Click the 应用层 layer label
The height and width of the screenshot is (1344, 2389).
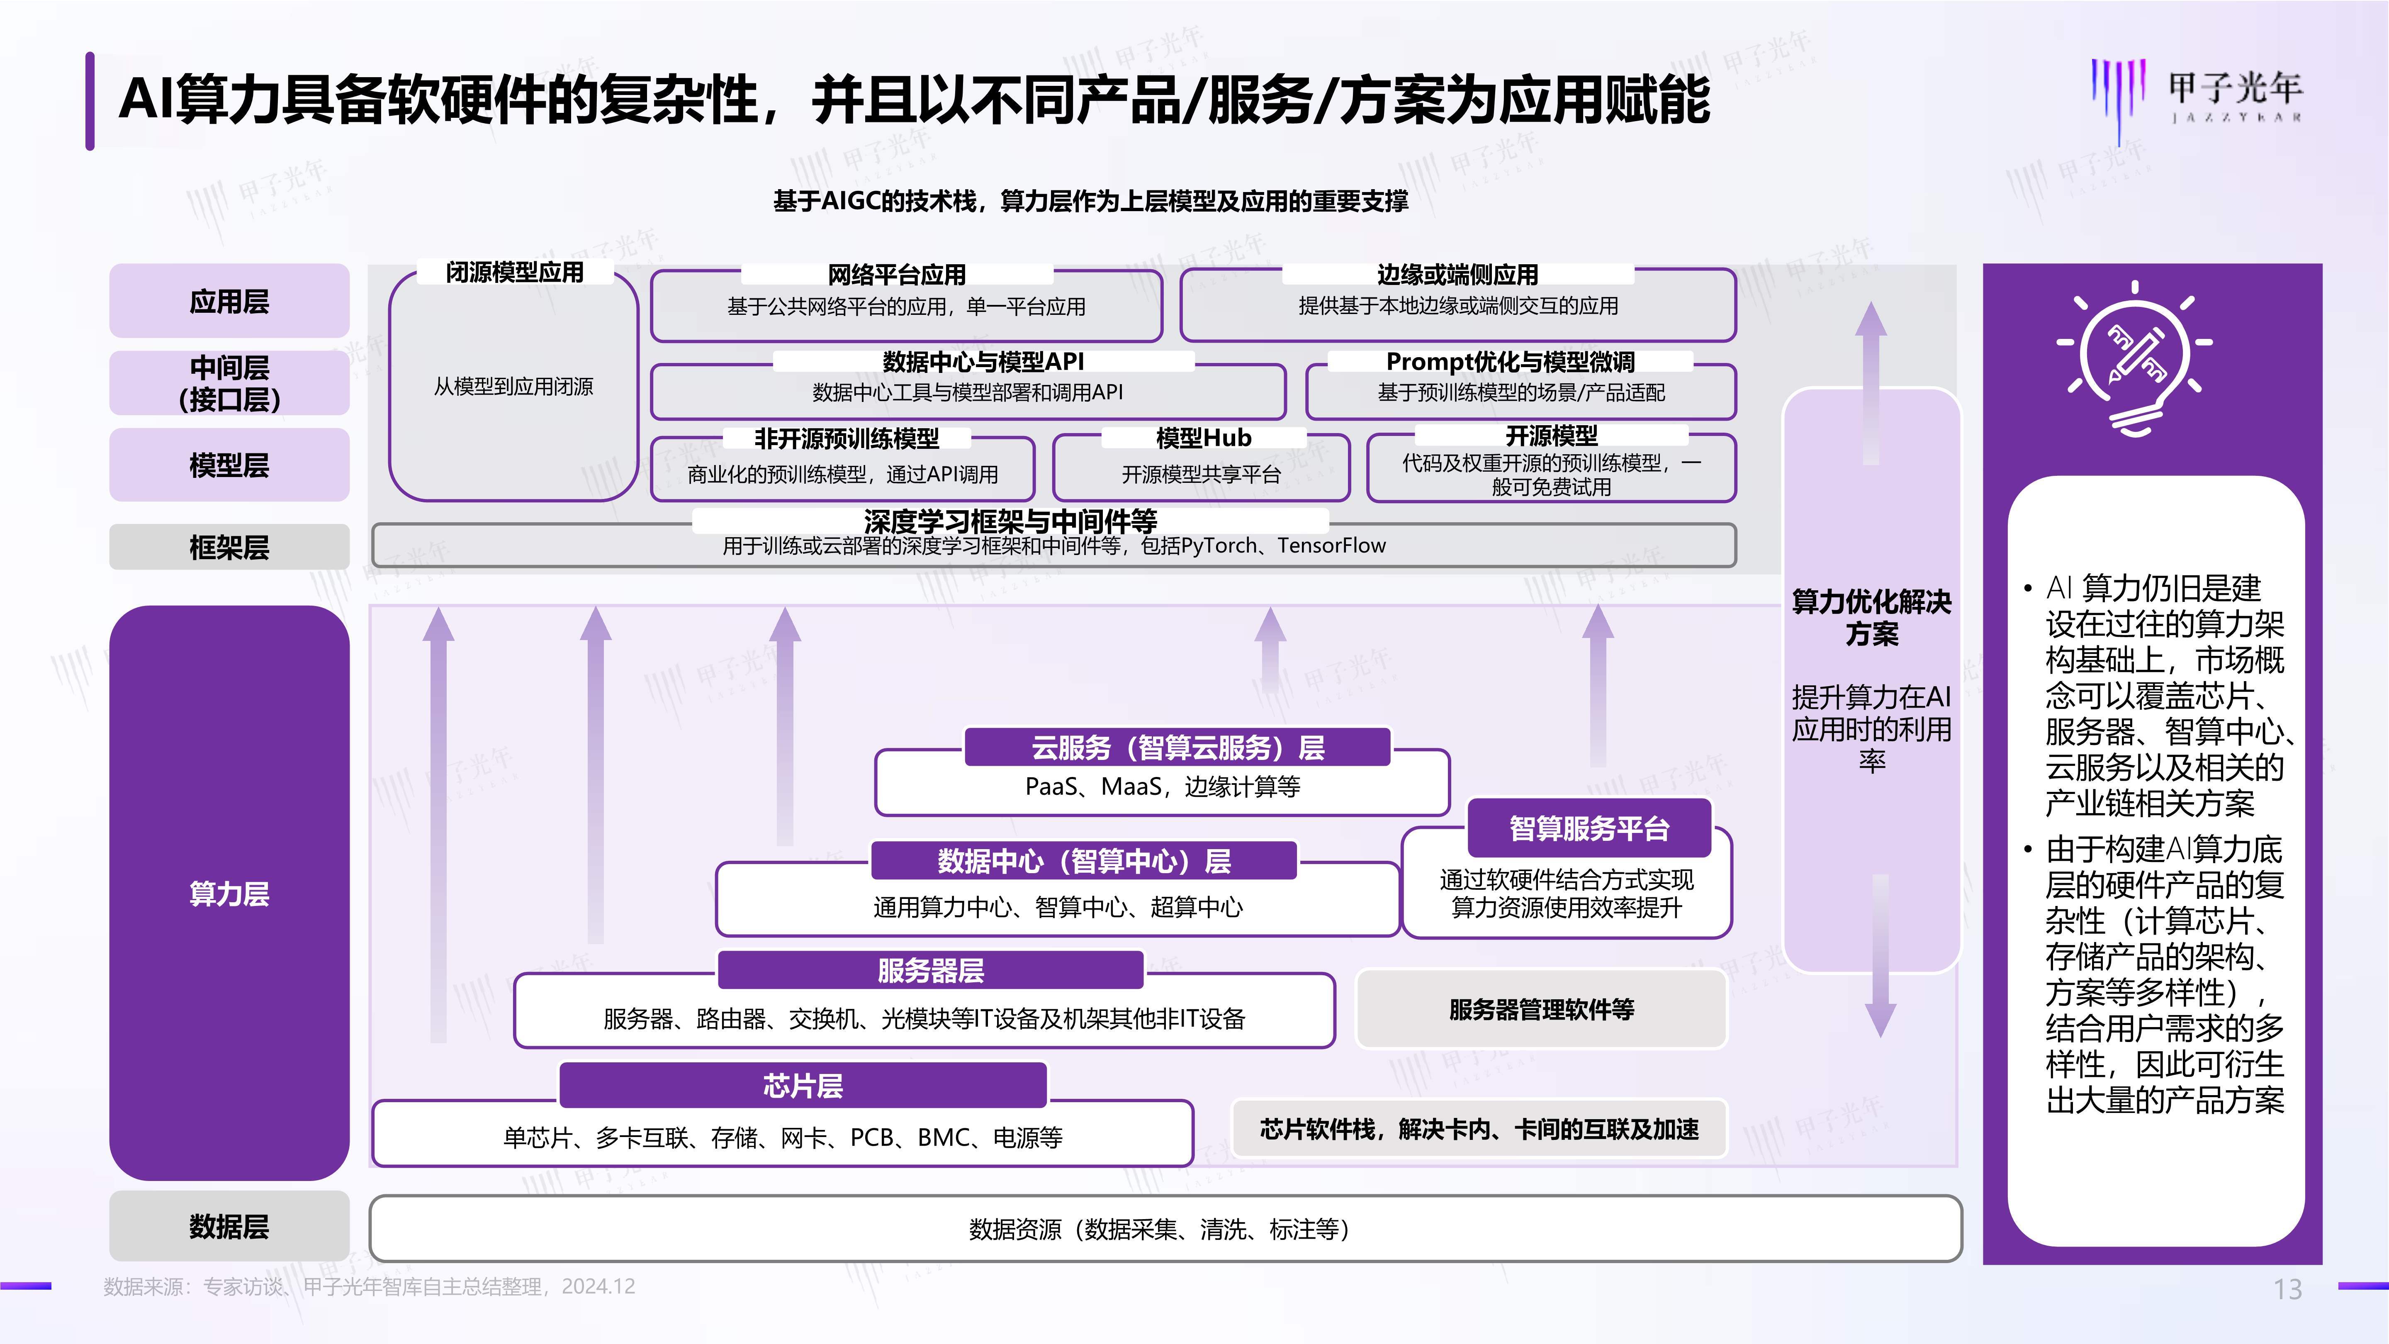[x=229, y=302]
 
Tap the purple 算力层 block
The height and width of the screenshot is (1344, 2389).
[x=229, y=892]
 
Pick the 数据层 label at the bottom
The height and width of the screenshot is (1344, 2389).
[x=229, y=1226]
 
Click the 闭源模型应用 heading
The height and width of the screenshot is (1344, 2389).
[x=515, y=273]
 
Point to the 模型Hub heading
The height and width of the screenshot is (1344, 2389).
[x=1203, y=438]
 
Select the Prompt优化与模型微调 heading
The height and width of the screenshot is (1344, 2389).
[x=1510, y=362]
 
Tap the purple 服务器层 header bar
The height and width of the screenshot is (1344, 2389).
[x=930, y=970]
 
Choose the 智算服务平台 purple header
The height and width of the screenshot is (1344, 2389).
[x=1589, y=828]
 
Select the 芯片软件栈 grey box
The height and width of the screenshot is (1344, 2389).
[x=1479, y=1129]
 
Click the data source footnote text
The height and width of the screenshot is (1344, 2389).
[x=369, y=1286]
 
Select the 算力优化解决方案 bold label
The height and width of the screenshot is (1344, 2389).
[x=1871, y=618]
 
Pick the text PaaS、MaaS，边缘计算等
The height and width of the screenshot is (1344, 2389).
[x=1162, y=786]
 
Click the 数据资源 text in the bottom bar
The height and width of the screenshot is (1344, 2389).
[x=1159, y=1229]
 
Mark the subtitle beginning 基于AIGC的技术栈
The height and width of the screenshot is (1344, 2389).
[x=1091, y=201]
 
